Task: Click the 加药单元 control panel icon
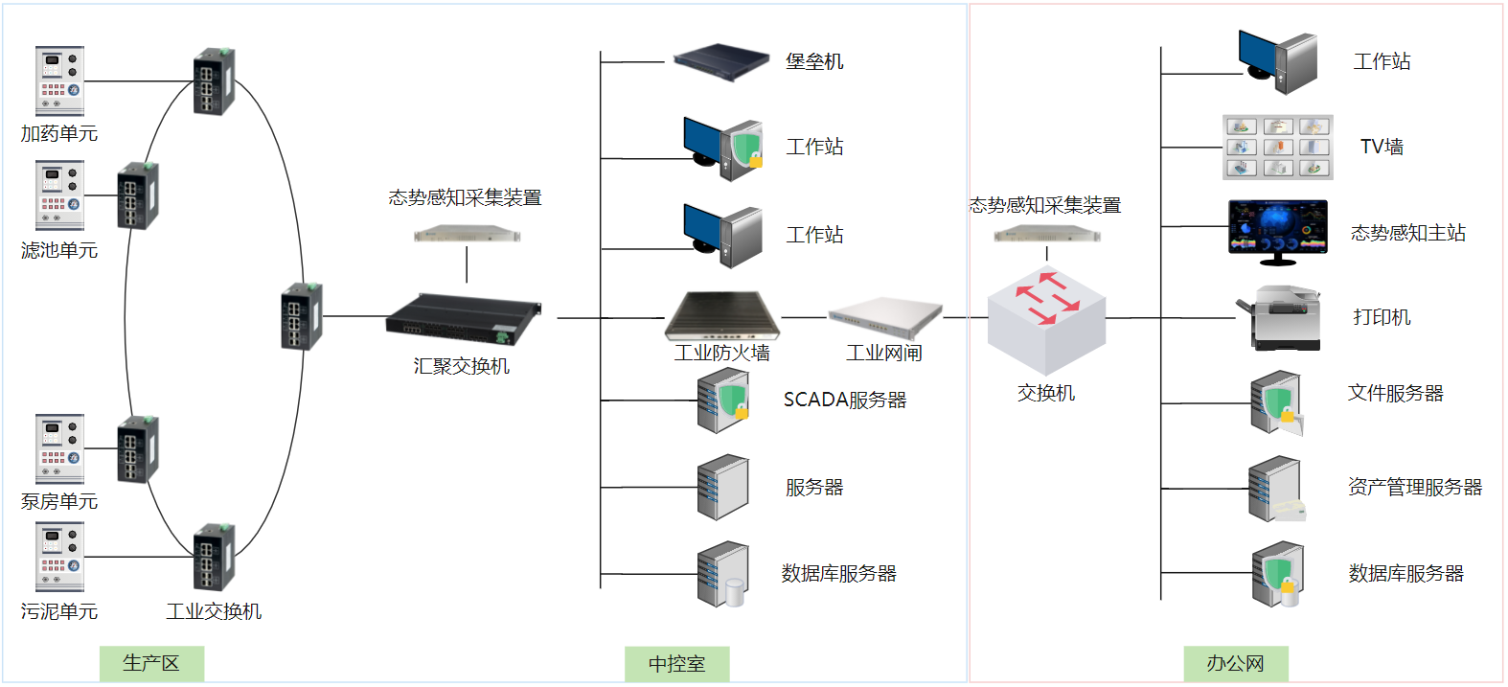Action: click(x=59, y=80)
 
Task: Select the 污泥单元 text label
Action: click(x=59, y=611)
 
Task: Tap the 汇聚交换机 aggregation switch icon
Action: click(x=463, y=318)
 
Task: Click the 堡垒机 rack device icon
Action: click(x=720, y=60)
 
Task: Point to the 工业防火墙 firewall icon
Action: click(x=722, y=315)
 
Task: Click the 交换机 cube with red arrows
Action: click(x=1046, y=320)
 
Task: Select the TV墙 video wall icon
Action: click(x=1277, y=147)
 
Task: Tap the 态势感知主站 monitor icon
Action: click(x=1277, y=231)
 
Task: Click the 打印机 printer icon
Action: click(x=1281, y=317)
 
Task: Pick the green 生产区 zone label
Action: click(x=151, y=663)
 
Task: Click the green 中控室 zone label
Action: click(x=676, y=664)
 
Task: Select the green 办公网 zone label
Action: click(x=1235, y=663)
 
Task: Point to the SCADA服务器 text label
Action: click(x=844, y=400)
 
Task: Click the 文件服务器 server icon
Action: click(x=1277, y=402)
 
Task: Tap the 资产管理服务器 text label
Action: click(x=1414, y=487)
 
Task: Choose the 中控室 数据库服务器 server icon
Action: click(x=723, y=574)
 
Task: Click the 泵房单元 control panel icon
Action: click(x=59, y=448)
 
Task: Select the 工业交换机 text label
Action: click(x=214, y=611)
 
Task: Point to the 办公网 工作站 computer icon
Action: click(x=1277, y=61)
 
